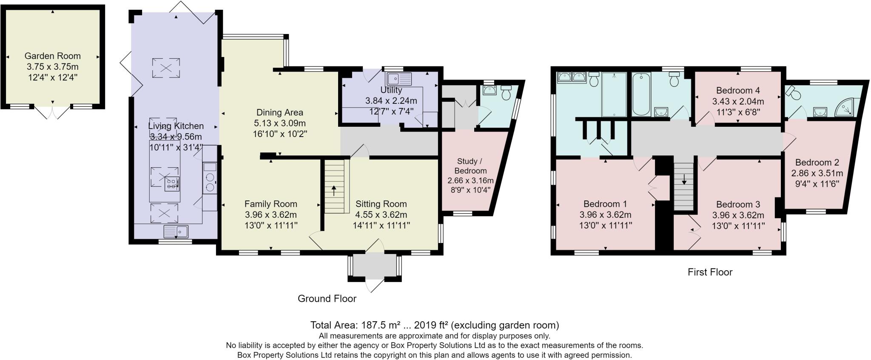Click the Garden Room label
click(x=52, y=56)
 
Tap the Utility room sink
click(x=399, y=79)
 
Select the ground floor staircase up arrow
click(x=334, y=190)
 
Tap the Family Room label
click(x=270, y=204)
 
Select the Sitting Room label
click(x=381, y=204)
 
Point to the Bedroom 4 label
click(x=738, y=90)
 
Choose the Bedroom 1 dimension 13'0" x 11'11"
click(x=605, y=226)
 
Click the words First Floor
click(x=710, y=272)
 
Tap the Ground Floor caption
click(x=327, y=299)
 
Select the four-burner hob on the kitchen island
click(x=172, y=183)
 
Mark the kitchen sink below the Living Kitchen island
click(x=176, y=231)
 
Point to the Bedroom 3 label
click(x=738, y=205)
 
